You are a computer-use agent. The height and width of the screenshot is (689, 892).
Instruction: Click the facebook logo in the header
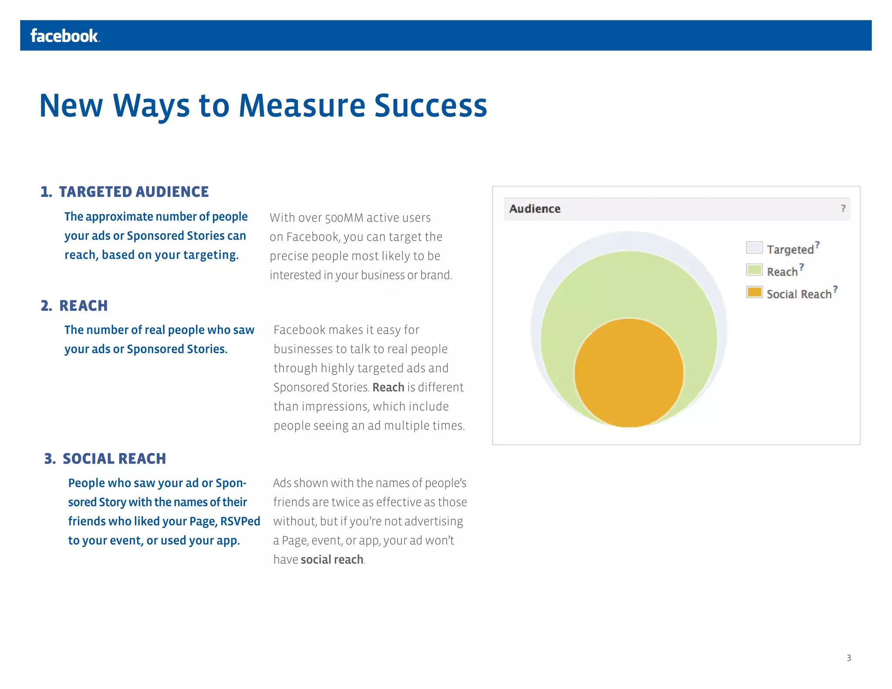pos(64,36)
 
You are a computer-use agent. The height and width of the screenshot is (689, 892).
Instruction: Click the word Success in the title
pos(430,106)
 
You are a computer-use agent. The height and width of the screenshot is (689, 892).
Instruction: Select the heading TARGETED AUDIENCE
pos(133,192)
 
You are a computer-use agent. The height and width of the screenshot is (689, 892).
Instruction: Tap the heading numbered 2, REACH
pos(83,306)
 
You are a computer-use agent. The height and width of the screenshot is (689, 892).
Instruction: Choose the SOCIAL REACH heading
pos(114,459)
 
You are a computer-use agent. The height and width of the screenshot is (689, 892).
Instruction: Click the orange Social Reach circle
pos(628,373)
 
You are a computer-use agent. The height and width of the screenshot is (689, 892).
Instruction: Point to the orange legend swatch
pos(754,292)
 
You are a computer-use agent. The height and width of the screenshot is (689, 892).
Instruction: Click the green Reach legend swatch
pos(754,270)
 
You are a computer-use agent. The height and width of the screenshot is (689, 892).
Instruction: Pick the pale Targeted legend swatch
pos(754,248)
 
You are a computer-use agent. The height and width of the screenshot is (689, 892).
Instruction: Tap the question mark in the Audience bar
pos(843,209)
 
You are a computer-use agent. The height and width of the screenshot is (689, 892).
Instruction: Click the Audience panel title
pos(534,209)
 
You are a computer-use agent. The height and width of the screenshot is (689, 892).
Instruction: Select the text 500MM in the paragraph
pos(344,218)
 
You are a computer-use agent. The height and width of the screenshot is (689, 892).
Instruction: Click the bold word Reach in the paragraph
pos(388,387)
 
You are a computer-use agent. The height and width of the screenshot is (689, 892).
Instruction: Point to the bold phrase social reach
pos(332,560)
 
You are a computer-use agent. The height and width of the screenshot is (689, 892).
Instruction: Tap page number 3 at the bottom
pos(848,658)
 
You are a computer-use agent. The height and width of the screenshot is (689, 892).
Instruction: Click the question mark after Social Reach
pos(835,289)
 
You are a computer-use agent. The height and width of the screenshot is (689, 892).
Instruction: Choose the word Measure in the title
pos(302,106)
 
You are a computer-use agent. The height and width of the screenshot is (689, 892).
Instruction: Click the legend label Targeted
pos(790,250)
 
